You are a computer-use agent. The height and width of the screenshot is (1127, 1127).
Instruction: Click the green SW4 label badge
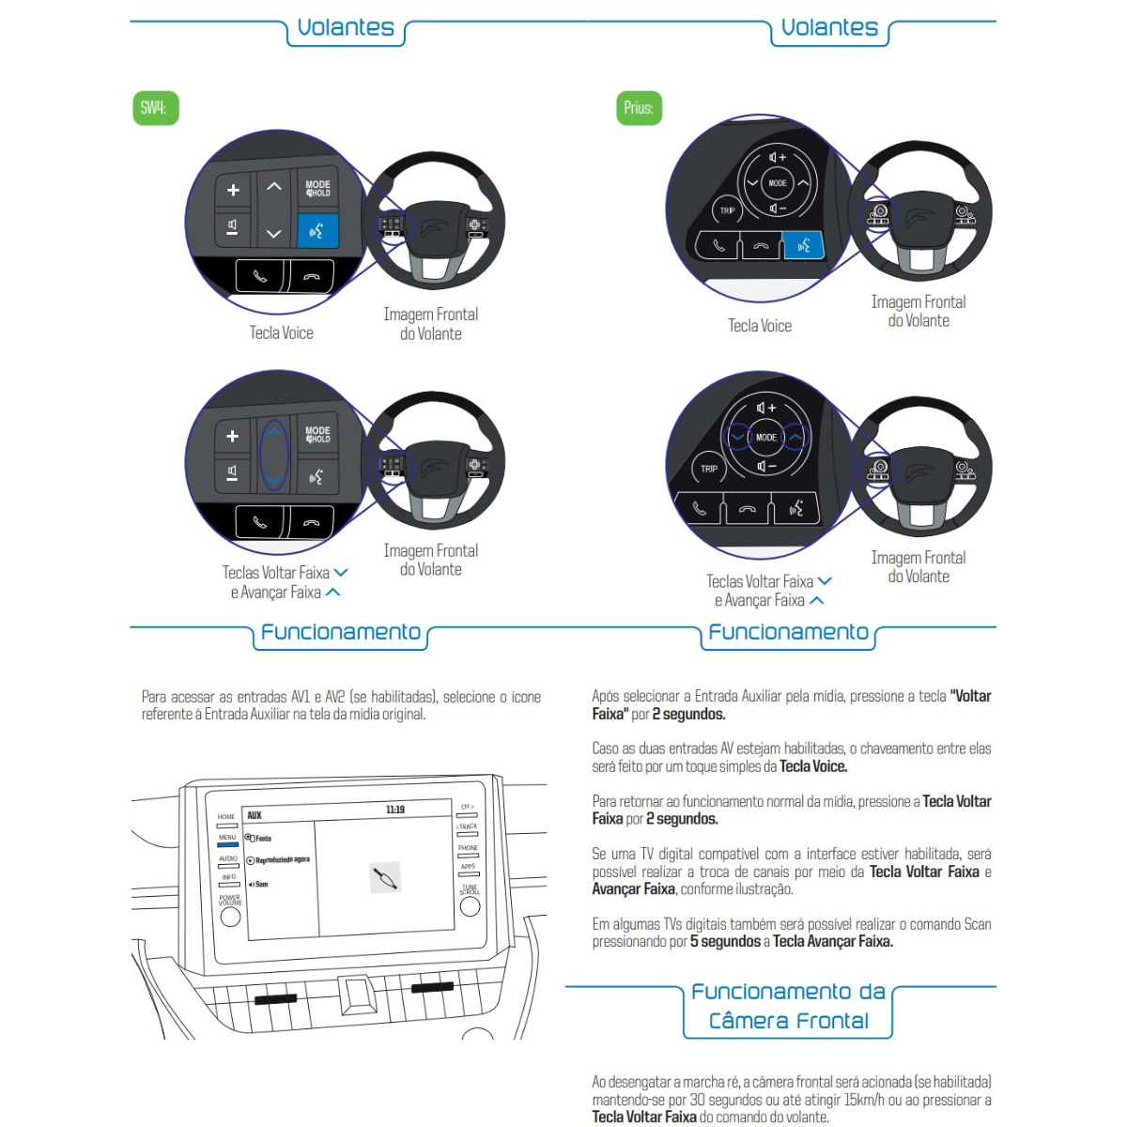click(x=154, y=108)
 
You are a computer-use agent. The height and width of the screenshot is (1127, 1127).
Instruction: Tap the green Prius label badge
click(x=639, y=108)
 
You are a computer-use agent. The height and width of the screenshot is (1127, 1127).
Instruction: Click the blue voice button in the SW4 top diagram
click(x=316, y=230)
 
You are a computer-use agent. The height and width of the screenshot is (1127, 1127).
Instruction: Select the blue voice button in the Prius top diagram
click(x=803, y=246)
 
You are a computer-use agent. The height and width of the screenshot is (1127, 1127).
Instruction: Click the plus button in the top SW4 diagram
click(x=233, y=190)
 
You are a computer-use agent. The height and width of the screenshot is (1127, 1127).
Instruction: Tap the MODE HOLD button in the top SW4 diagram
click(x=317, y=189)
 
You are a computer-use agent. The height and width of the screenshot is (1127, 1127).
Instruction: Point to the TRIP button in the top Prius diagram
click(x=727, y=210)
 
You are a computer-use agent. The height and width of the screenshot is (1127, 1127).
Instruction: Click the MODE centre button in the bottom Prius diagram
click(x=766, y=437)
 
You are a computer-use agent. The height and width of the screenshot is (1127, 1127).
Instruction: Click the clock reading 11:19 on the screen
click(x=395, y=810)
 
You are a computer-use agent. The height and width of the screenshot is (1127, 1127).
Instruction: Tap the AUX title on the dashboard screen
click(x=255, y=815)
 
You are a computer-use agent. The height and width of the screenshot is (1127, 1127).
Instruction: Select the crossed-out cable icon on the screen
click(x=385, y=877)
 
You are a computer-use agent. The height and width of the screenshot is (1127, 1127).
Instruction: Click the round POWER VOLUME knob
click(x=230, y=917)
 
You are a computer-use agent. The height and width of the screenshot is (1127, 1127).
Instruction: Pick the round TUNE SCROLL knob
click(x=470, y=905)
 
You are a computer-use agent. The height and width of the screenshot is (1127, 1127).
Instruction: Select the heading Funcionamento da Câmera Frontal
click(x=788, y=1006)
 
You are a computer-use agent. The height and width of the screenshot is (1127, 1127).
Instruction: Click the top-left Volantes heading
click(x=346, y=28)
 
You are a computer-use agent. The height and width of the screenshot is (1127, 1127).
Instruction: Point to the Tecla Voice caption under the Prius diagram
click(x=760, y=326)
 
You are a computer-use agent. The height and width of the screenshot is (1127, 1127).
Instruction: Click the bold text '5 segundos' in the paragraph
click(x=725, y=941)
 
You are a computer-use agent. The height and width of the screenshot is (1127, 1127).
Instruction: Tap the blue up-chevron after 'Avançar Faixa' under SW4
click(x=332, y=593)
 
